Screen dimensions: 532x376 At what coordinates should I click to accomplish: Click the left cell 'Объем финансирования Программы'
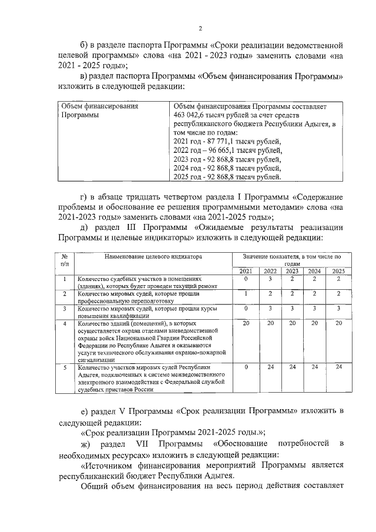[99, 111]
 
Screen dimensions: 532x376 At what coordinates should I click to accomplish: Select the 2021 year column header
[246, 271]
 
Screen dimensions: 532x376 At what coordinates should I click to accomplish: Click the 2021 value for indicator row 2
[246, 293]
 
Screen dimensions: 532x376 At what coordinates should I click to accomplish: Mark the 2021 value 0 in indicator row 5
[246, 367]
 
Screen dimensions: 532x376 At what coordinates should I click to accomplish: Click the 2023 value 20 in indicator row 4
[292, 324]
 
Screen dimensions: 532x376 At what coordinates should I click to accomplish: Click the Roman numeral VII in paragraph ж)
[144, 442]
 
